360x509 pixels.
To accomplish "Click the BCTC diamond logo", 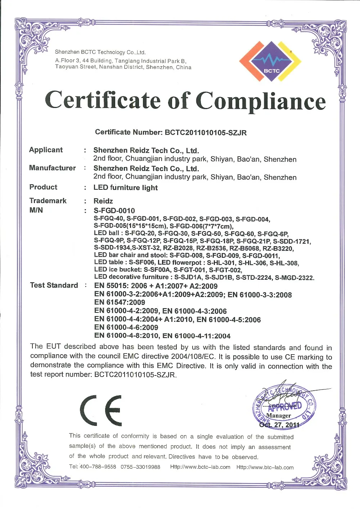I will [270, 61].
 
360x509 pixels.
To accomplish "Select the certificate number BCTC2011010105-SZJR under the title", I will [206, 133].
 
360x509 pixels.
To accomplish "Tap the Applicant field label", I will [46, 150].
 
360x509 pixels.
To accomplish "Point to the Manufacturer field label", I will [53, 168].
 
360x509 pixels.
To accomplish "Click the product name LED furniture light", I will [126, 188].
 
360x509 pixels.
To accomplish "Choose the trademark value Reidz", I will [103, 201].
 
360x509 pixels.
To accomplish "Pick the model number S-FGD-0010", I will [114, 211].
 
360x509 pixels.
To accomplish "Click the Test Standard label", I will [54, 285].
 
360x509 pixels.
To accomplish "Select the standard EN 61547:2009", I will [120, 303].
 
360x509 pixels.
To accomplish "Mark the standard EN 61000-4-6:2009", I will [126, 328].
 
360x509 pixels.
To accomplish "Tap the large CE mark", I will [101, 410].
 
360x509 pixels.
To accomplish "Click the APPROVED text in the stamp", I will [285, 407].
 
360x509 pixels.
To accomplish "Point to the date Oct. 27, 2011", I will [279, 425].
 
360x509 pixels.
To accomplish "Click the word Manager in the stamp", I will [279, 416].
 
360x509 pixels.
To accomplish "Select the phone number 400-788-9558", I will [98, 467].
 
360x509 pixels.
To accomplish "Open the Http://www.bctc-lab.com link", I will [200, 467].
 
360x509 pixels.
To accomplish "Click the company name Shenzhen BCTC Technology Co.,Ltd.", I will [100, 52].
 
